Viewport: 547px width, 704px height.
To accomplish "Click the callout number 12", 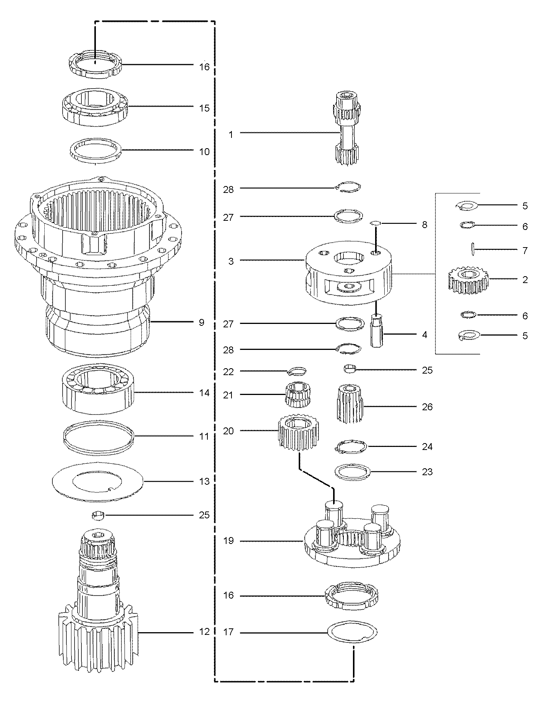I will tap(204, 632).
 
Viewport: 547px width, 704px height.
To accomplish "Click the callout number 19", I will tap(228, 541).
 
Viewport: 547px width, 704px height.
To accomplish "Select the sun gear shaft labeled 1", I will tap(346, 128).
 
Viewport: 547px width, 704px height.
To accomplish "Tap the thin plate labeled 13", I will tap(97, 481).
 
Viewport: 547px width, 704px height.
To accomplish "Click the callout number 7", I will tap(525, 251).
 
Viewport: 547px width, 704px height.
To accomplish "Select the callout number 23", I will tap(427, 472).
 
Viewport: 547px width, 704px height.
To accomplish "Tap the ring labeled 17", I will tap(353, 633).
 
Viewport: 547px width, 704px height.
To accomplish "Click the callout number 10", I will tap(204, 152).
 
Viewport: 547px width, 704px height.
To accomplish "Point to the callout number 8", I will tap(424, 225).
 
